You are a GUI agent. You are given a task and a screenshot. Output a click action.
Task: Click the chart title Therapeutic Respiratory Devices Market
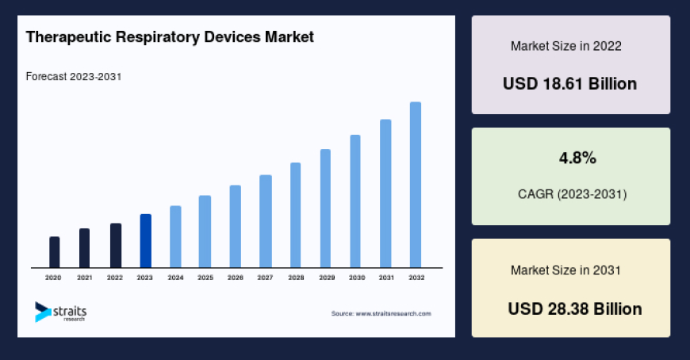(x=170, y=36)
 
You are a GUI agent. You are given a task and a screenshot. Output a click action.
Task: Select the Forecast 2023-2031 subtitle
(x=73, y=77)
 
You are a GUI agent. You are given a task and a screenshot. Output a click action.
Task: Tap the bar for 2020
(x=55, y=252)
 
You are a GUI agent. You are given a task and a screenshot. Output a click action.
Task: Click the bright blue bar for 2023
(x=145, y=240)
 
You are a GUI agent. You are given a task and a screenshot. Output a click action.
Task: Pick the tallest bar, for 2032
(x=416, y=184)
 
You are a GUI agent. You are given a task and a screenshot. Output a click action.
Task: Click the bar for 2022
(x=116, y=245)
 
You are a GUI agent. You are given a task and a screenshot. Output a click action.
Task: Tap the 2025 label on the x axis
(x=205, y=278)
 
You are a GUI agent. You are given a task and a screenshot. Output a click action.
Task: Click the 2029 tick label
(x=326, y=278)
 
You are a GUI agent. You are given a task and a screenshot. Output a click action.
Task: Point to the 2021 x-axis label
(x=85, y=278)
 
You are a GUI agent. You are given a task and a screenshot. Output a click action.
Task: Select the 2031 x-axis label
(x=386, y=278)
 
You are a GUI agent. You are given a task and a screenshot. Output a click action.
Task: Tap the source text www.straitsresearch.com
(x=381, y=314)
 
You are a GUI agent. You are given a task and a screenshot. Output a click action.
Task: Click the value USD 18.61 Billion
(x=570, y=83)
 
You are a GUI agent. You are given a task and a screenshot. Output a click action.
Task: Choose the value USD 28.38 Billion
(x=574, y=308)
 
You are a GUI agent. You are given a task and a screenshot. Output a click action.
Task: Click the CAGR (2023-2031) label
(x=571, y=193)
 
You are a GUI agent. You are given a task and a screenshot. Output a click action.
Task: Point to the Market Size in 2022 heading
(x=565, y=46)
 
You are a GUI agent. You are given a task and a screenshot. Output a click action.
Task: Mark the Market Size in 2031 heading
(x=565, y=270)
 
